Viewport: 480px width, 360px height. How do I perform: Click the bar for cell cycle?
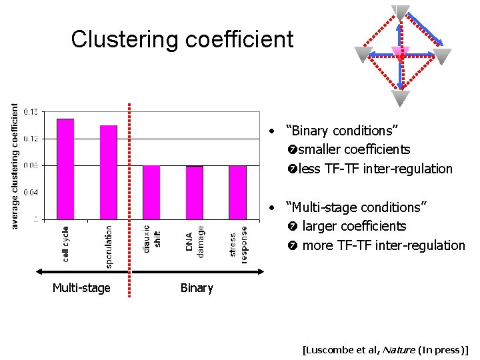(x=65, y=169)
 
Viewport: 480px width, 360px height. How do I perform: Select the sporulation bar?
(x=109, y=172)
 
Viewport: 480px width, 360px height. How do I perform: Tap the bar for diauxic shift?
(x=151, y=192)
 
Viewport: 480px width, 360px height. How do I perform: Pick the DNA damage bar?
(x=194, y=192)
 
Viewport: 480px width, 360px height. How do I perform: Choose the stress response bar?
(x=237, y=192)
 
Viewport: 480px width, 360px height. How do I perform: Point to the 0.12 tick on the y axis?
(x=31, y=139)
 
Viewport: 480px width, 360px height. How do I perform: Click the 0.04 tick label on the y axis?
(x=31, y=192)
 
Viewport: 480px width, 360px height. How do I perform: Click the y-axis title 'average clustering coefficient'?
(x=15, y=165)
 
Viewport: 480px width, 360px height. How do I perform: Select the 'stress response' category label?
(x=238, y=244)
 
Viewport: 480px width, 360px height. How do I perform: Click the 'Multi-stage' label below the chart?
(x=81, y=288)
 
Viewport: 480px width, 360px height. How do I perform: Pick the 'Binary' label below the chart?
(x=197, y=288)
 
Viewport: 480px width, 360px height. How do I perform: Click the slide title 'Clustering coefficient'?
(x=182, y=39)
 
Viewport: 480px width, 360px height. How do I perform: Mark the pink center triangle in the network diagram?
(x=400, y=53)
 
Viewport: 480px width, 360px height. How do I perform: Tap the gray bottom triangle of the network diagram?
(x=400, y=98)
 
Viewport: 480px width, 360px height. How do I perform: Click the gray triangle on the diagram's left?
(x=363, y=54)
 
